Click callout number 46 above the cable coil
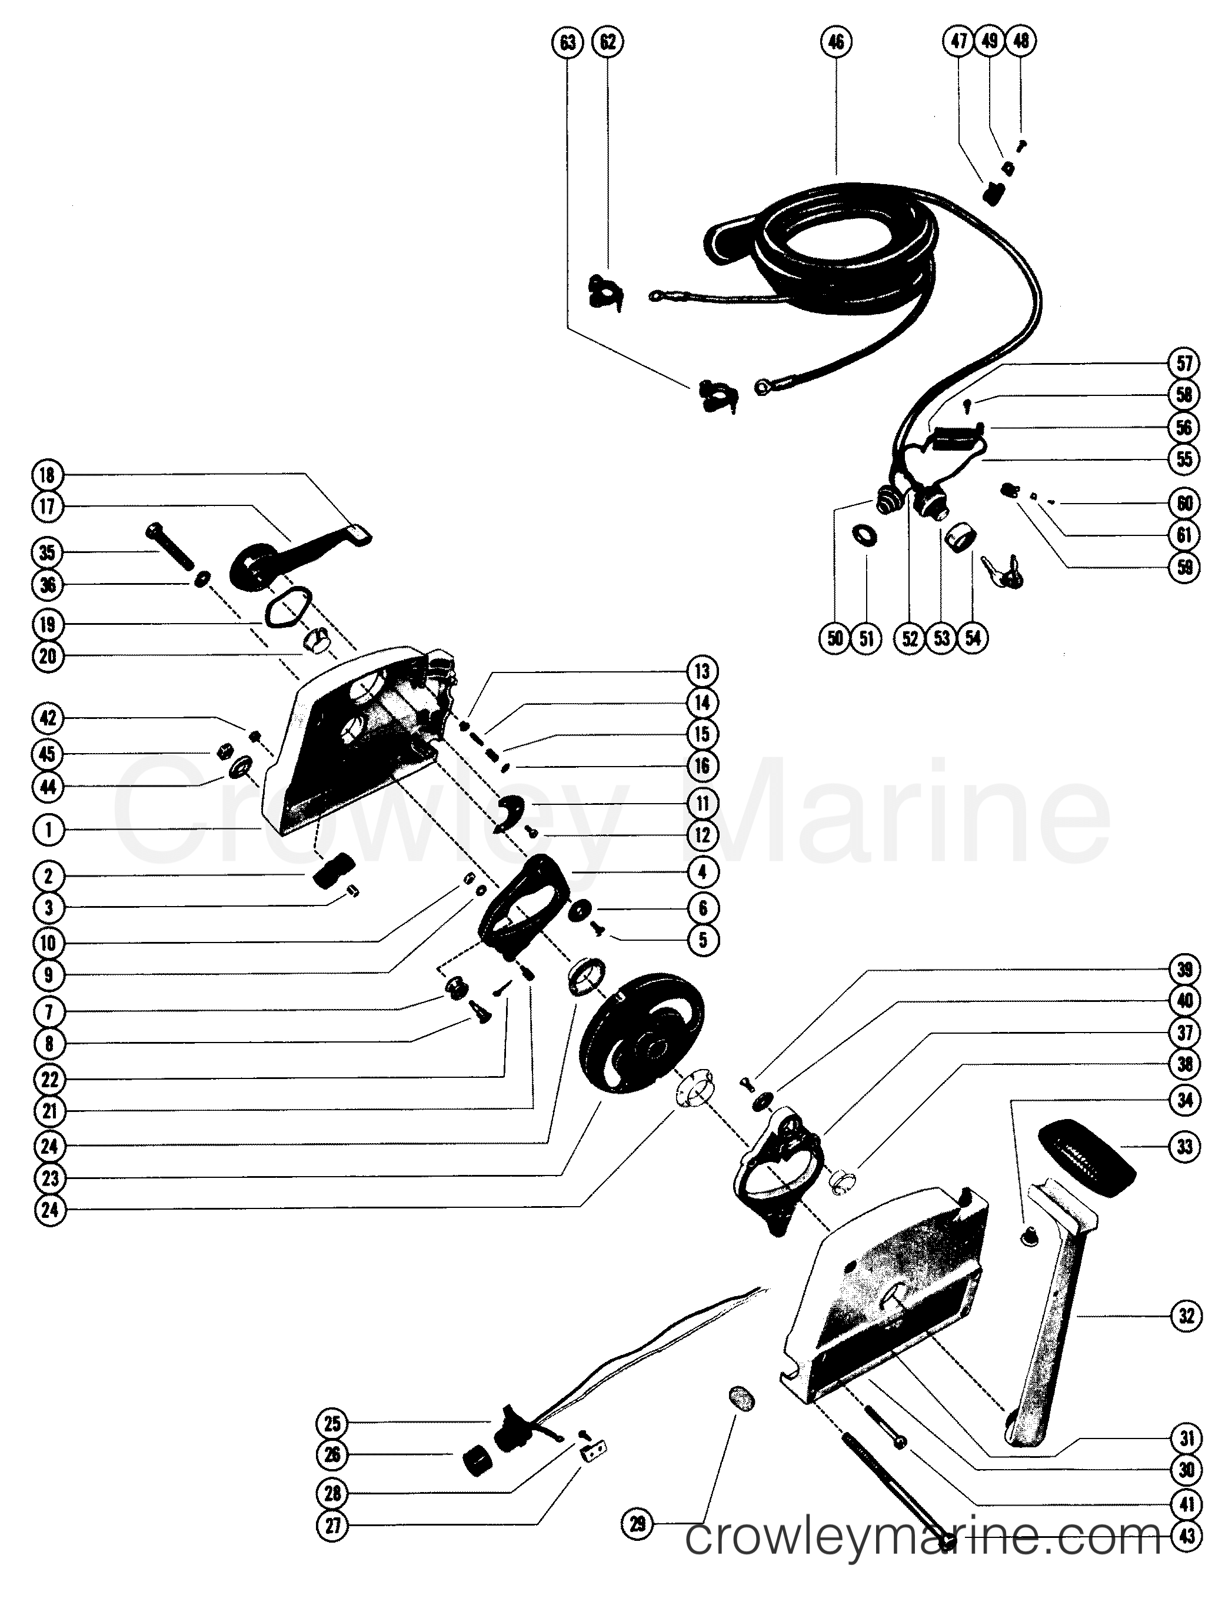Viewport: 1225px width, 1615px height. [836, 42]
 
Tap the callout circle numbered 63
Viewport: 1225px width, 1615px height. [567, 42]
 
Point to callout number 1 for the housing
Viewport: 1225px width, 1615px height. [48, 830]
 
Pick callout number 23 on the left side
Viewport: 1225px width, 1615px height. [49, 1178]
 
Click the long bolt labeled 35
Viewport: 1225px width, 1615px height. [173, 546]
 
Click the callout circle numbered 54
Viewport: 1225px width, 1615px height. [973, 638]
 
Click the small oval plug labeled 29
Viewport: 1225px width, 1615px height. [741, 1399]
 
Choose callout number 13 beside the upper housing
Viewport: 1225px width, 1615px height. [701, 670]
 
